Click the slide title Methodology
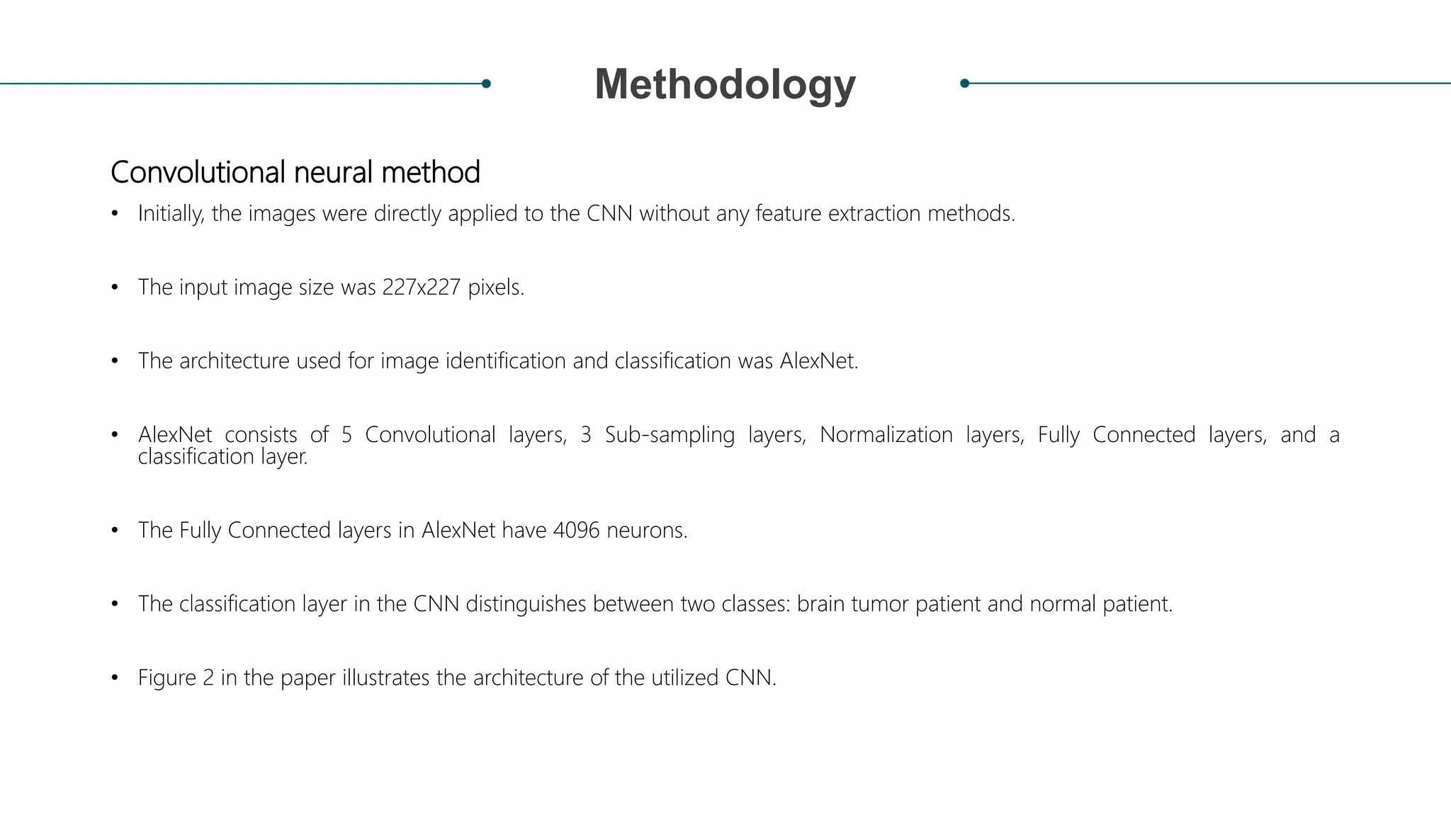tap(725, 84)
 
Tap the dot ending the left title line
tap(486, 84)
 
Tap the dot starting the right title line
tap(964, 84)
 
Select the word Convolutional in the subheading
tap(198, 172)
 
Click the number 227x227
tap(421, 288)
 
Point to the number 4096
tap(576, 531)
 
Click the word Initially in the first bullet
tap(171, 214)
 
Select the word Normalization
tap(886, 435)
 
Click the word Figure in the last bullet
tap(166, 678)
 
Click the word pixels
tap(496, 288)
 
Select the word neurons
tap(647, 531)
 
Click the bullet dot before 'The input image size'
tap(115, 288)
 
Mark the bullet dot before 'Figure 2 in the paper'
tap(115, 678)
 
